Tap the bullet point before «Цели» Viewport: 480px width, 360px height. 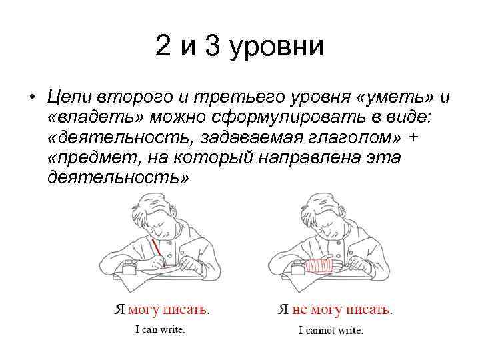(x=31, y=97)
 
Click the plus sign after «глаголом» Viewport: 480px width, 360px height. (x=415, y=137)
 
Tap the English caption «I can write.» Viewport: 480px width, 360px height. (x=160, y=329)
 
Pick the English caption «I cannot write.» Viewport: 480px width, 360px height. (x=331, y=329)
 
